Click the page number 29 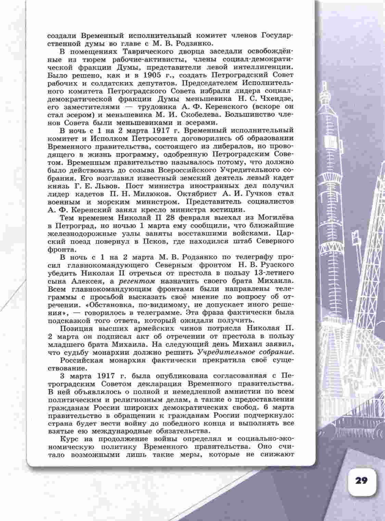[x=361, y=481]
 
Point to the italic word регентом [x=137, y=281]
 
